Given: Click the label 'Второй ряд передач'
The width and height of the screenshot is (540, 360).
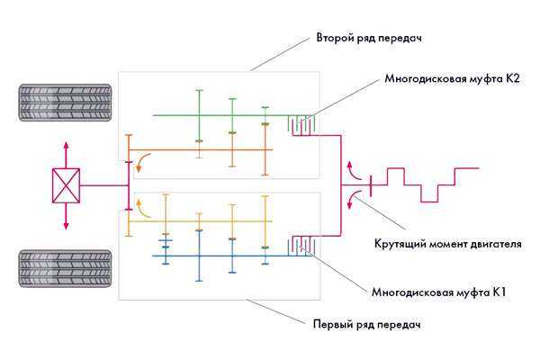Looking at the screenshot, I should [x=369, y=39].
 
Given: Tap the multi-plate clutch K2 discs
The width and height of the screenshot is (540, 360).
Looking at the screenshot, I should [x=302, y=125].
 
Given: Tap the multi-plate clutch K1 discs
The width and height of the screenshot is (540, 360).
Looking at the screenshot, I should [x=302, y=246].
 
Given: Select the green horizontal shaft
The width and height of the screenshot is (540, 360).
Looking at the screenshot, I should [x=216, y=115].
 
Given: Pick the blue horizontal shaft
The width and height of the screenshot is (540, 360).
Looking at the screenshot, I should [x=216, y=256].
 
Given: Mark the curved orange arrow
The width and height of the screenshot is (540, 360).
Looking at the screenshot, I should [x=145, y=162].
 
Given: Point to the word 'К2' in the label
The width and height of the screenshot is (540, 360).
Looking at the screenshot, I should [x=512, y=79].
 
